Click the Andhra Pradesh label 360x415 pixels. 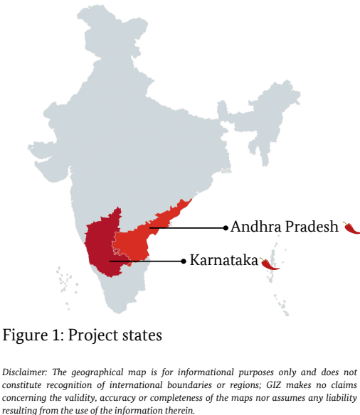point(284,227)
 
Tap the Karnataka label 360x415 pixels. point(223,261)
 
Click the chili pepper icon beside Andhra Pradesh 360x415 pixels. point(351,227)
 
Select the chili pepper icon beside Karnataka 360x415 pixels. point(270,264)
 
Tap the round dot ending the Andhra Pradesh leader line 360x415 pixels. point(226,228)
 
